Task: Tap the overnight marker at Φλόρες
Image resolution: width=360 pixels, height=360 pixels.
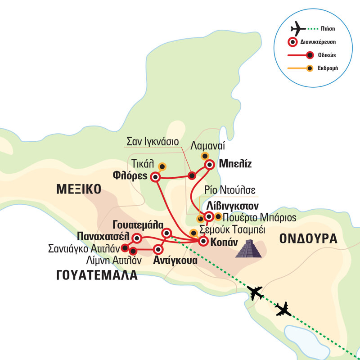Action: (x=155, y=176)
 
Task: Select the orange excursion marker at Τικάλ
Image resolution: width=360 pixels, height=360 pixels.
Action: (x=162, y=167)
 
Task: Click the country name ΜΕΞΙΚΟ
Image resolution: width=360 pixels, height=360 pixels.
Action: (x=79, y=188)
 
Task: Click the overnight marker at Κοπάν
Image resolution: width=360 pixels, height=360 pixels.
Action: (x=203, y=242)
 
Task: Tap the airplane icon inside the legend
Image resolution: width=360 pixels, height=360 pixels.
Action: (x=298, y=29)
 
